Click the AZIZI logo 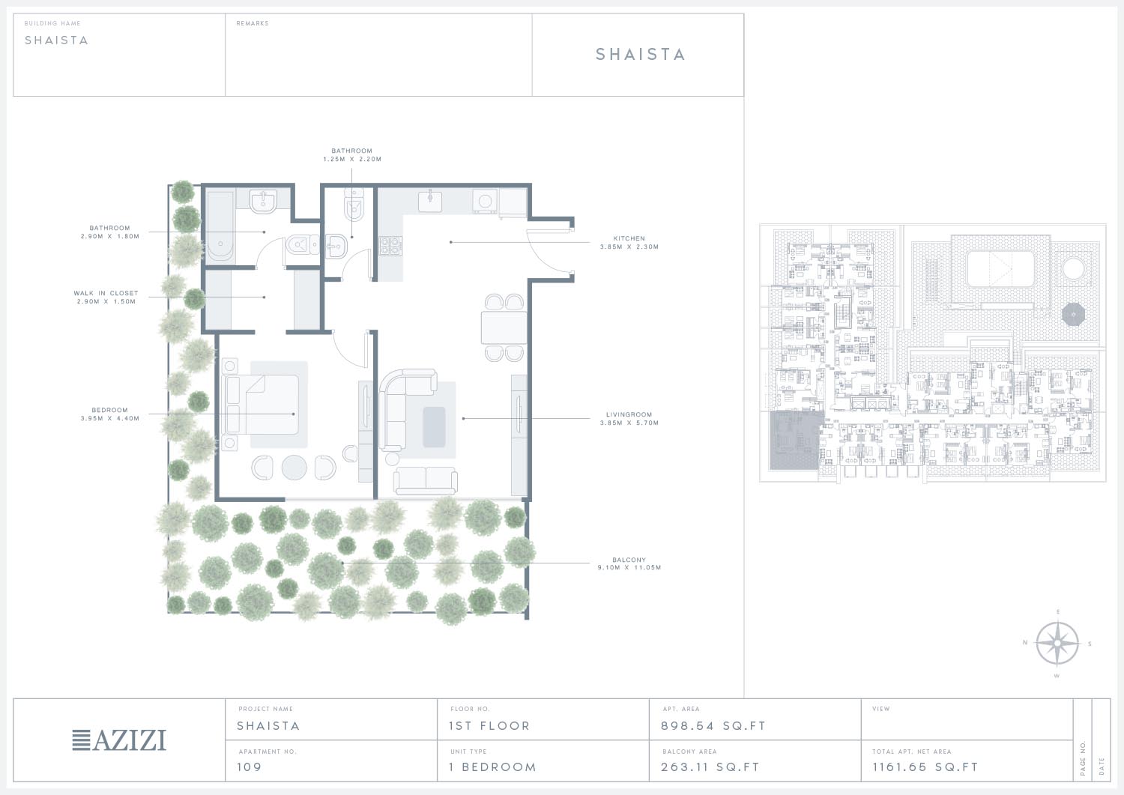click(x=119, y=740)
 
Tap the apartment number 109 click(x=250, y=767)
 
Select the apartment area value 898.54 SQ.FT click(x=713, y=726)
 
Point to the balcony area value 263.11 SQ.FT click(x=710, y=767)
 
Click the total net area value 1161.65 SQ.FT click(x=925, y=767)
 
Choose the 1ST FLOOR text click(x=489, y=726)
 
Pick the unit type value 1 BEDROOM click(x=493, y=767)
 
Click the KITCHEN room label click(x=629, y=238)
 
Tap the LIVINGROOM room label click(x=629, y=414)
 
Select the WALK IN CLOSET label click(x=106, y=293)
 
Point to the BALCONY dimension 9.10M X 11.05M click(x=629, y=568)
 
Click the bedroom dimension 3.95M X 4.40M click(x=110, y=418)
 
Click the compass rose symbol click(x=1057, y=644)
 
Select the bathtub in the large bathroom click(x=221, y=226)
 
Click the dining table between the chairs click(x=504, y=327)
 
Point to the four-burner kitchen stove click(x=390, y=246)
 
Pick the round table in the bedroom click(x=294, y=468)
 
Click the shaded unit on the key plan click(x=797, y=441)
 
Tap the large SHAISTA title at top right click(x=640, y=54)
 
